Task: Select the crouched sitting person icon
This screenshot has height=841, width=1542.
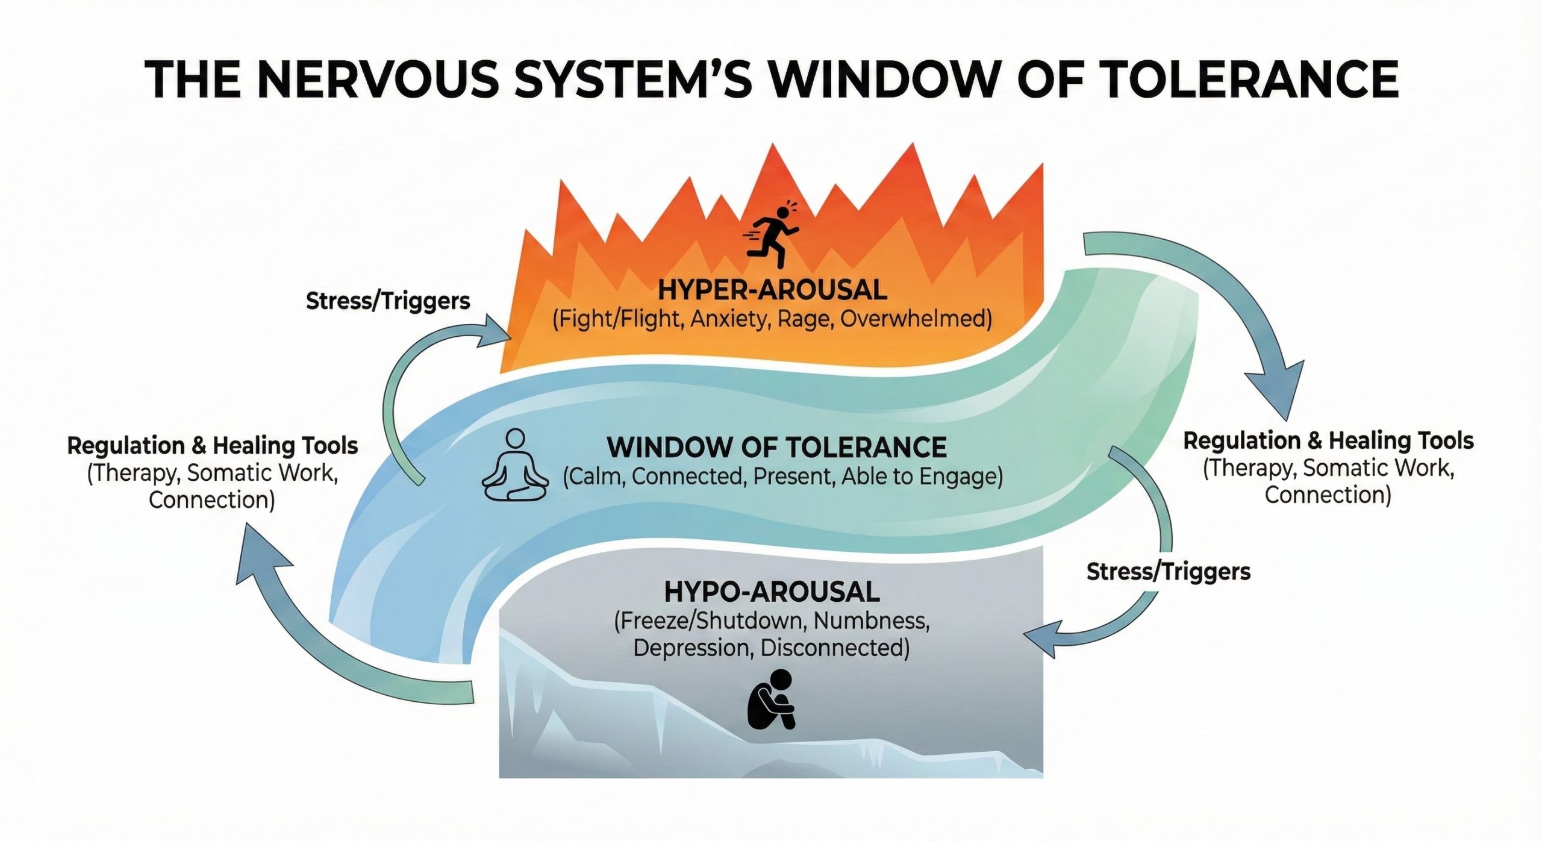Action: (772, 701)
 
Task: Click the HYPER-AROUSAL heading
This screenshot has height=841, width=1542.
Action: (772, 290)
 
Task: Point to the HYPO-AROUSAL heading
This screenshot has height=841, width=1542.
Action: (772, 592)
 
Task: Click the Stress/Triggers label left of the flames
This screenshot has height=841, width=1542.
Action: (388, 301)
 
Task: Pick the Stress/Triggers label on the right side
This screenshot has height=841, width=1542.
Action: (1168, 571)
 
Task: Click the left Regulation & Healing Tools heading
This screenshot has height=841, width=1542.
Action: (213, 446)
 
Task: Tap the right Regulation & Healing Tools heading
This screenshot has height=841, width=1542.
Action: (1328, 441)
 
